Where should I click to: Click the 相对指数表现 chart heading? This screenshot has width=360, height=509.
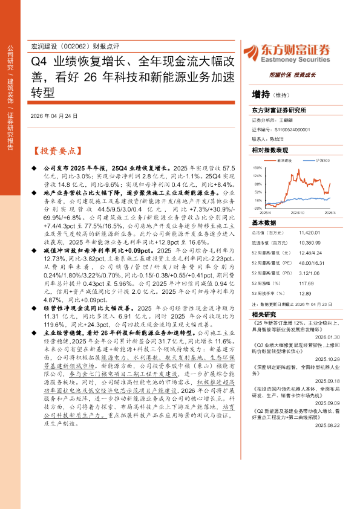[269, 149]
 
